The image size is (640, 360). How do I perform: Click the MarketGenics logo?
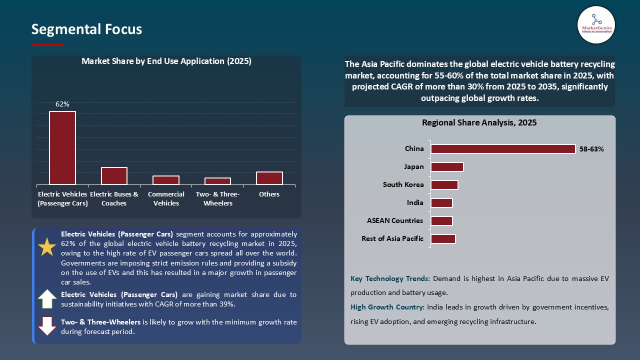596,24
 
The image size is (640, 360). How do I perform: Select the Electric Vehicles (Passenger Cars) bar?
62,148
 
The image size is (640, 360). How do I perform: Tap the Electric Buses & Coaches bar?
114,176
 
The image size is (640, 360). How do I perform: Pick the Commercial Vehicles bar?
166,180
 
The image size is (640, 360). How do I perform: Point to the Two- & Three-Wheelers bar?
217,181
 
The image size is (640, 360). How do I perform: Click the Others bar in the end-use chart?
269,178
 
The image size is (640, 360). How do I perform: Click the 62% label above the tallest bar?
62,104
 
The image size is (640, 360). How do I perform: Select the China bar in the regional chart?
503,149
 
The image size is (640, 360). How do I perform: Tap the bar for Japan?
447,167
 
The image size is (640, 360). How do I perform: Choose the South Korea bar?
444,185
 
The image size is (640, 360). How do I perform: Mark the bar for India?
441,203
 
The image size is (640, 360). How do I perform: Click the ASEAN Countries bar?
441,221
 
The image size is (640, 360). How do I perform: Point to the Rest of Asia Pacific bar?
443,239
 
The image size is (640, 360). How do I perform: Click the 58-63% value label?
591,149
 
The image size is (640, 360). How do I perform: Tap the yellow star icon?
47,247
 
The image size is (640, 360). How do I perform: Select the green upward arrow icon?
47,299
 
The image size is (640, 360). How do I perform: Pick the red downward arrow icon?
47,325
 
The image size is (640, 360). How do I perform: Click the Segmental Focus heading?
86,29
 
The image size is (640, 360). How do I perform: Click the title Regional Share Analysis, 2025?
479,122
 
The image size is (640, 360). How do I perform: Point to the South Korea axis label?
403,185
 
